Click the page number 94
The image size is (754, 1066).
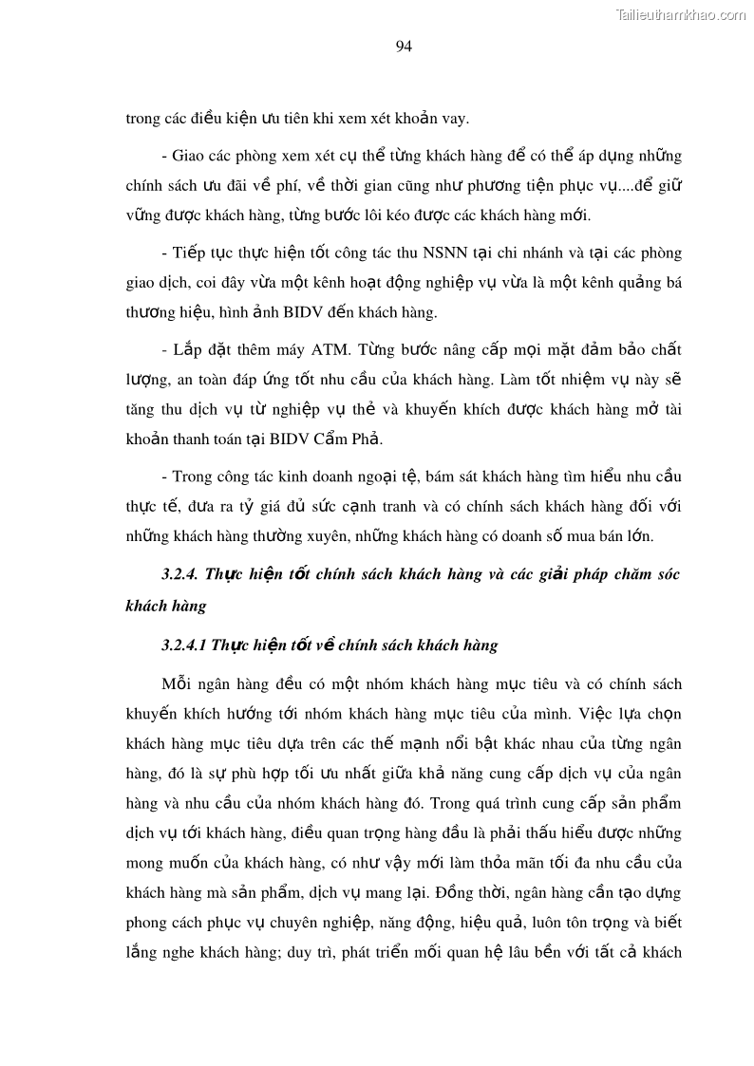point(404,46)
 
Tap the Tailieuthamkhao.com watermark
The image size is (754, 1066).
point(681,14)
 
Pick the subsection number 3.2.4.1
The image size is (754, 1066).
point(186,645)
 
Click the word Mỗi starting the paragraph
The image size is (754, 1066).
point(179,684)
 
